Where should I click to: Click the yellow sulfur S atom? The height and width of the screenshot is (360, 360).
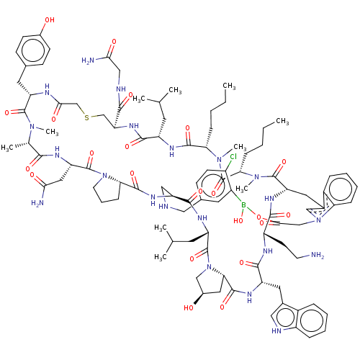tap(87, 117)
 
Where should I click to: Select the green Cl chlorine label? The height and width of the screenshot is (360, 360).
tap(232, 156)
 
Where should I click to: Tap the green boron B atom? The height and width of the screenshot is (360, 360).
tap(243, 205)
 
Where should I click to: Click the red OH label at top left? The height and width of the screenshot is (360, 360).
tap(50, 20)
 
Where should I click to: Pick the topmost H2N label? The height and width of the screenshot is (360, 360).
tap(88, 61)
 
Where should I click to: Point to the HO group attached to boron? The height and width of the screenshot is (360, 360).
tap(238, 220)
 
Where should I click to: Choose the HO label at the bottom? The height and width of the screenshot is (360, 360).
tap(189, 308)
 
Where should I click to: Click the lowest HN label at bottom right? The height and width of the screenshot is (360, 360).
tap(277, 330)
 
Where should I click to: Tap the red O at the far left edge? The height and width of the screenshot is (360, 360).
tap(8, 112)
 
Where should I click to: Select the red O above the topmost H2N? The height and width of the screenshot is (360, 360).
tap(113, 42)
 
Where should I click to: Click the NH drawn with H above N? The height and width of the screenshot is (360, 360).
tap(47, 89)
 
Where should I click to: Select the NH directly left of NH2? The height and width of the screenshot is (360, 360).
tap(268, 251)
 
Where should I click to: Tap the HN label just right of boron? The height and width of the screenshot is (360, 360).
tap(269, 199)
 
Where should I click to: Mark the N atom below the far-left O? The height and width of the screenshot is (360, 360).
tap(31, 129)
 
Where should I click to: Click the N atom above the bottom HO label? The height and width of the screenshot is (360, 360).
tap(207, 269)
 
